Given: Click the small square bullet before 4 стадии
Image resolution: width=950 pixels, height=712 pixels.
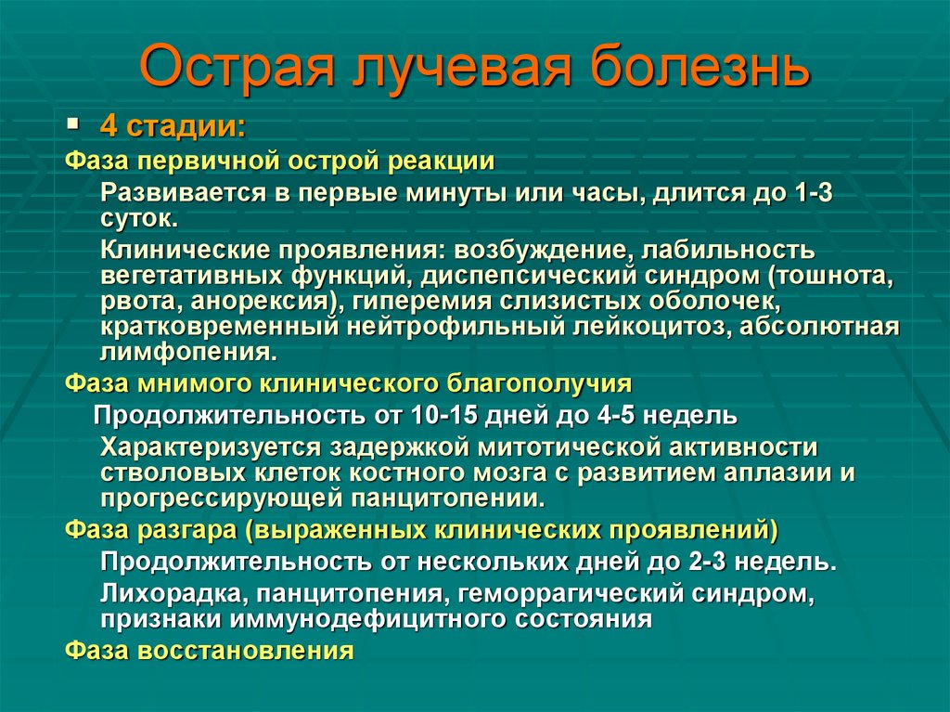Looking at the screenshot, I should point(74,123).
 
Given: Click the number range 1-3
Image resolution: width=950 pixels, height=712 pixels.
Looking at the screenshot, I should point(819,193).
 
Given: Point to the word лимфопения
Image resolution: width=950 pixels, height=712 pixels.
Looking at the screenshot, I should point(187,353).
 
